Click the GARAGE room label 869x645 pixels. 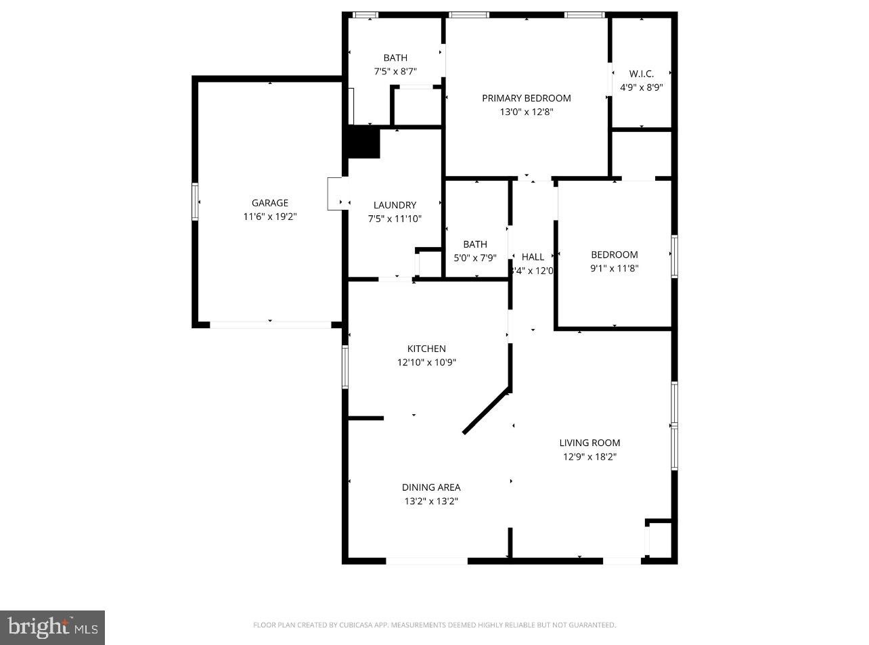[269, 203]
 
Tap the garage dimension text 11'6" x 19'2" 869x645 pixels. [269, 217]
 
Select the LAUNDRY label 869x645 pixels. [395, 205]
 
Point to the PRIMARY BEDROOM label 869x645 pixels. [526, 98]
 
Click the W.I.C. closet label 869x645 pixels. [641, 74]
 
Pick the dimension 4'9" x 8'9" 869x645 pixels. [641, 87]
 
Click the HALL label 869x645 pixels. [533, 257]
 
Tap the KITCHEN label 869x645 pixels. [426, 349]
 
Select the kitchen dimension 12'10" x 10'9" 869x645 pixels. [426, 362]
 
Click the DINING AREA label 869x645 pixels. [431, 487]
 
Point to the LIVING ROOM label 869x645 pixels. [589, 443]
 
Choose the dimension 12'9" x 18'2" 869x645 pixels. [589, 457]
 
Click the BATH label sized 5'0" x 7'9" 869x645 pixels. [474, 244]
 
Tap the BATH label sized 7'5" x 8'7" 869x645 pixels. [395, 58]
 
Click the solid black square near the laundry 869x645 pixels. [363, 143]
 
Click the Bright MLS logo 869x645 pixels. [53, 627]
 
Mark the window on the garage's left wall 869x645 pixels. [196, 202]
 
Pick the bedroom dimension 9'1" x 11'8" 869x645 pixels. [614, 269]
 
